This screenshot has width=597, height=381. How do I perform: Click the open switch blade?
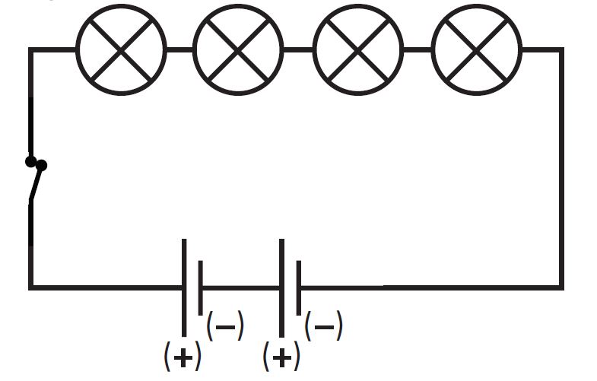tap(36, 183)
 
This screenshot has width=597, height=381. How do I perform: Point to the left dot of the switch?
tap(30, 161)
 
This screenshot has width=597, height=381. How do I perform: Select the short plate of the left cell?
tap(201, 287)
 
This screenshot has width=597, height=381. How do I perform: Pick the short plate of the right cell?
tap(298, 287)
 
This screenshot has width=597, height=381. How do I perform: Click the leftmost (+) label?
tap(183, 356)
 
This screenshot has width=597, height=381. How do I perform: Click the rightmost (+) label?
tap(281, 356)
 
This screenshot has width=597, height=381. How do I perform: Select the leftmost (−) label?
tap(225, 327)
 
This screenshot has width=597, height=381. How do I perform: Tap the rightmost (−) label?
tap(323, 327)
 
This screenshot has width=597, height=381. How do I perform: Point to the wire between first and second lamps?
tap(179, 49)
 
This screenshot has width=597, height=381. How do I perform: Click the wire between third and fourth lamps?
tap(418, 49)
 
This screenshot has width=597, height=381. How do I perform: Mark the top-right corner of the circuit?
tap(562, 49)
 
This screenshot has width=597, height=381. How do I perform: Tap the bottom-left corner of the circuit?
tap(31, 287)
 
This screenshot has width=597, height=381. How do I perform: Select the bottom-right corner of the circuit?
tap(562, 287)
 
